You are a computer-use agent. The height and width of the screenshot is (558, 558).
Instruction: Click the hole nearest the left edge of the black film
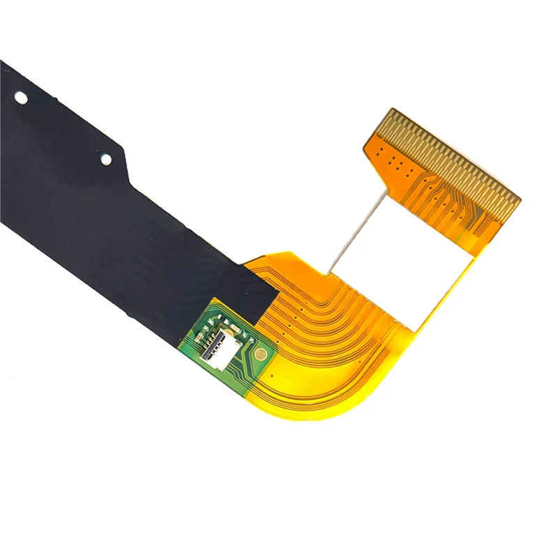[21, 99]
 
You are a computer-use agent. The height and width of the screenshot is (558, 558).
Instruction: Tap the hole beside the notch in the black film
[106, 160]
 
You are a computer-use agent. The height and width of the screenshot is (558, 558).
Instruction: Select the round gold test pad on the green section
[260, 354]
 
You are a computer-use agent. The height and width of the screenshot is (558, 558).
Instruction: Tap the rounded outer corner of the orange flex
[370, 398]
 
